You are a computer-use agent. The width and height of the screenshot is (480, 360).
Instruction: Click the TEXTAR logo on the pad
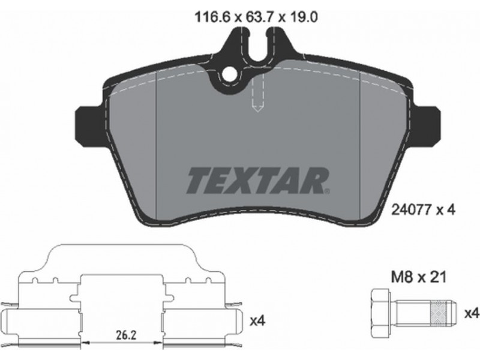click(258, 180)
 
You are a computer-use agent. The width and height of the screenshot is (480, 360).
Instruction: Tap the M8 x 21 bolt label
click(418, 277)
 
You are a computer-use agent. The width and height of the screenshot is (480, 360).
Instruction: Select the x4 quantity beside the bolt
click(471, 313)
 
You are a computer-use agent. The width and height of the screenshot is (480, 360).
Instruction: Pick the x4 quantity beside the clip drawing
click(258, 321)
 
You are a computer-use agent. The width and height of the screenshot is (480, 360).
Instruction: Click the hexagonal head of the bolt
click(380, 314)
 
